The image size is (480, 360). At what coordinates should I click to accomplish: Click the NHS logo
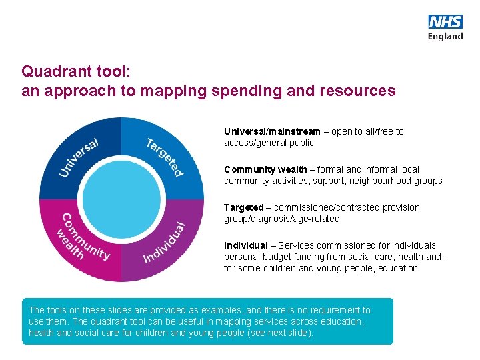click(x=445, y=22)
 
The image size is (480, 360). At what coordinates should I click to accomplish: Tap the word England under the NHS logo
click(x=445, y=37)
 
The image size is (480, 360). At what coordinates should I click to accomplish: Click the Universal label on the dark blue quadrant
click(x=79, y=157)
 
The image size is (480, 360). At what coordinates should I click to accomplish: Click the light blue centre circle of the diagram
click(x=121, y=199)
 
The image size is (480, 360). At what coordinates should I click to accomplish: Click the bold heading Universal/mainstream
click(x=272, y=131)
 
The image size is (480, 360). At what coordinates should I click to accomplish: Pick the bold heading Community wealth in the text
click(x=265, y=169)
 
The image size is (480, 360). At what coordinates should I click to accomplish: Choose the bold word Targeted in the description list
click(x=243, y=207)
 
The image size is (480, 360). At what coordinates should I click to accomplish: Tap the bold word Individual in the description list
click(x=245, y=245)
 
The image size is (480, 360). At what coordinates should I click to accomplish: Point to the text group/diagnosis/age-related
click(x=281, y=219)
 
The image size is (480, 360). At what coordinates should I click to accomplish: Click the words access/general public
click(x=269, y=143)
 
